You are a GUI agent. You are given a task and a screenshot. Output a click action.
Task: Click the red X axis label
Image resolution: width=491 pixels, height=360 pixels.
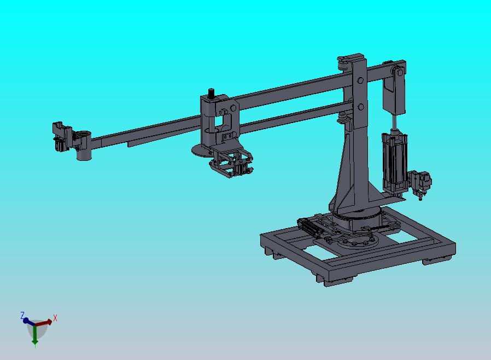55,318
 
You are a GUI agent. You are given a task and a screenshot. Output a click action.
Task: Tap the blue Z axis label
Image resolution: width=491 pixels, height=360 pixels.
22,315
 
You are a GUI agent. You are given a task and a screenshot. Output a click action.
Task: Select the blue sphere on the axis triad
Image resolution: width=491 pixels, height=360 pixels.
26,321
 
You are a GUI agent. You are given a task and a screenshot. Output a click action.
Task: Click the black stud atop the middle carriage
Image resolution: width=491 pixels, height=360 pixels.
212,94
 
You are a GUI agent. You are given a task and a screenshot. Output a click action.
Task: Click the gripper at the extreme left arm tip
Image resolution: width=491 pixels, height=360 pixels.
61,137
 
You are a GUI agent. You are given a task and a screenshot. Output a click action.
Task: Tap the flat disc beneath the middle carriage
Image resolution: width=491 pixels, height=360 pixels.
201,150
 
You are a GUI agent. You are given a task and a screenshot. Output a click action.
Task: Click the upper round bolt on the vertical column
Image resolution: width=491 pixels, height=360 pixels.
360,80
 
